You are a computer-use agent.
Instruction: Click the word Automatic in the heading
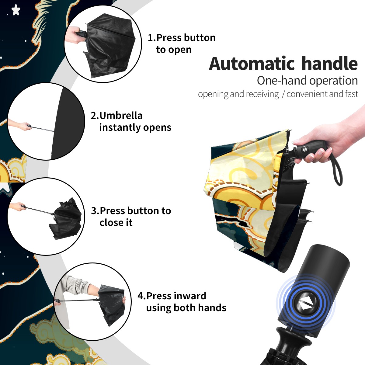coord(252,64)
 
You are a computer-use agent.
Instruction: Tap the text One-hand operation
coord(307,81)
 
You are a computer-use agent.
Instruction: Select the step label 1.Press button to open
coord(182,43)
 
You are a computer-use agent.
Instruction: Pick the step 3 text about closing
coord(131,217)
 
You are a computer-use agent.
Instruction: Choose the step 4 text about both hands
coord(182,302)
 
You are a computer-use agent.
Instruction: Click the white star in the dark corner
coord(16,10)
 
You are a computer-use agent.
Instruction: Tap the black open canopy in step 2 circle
coord(67,123)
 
